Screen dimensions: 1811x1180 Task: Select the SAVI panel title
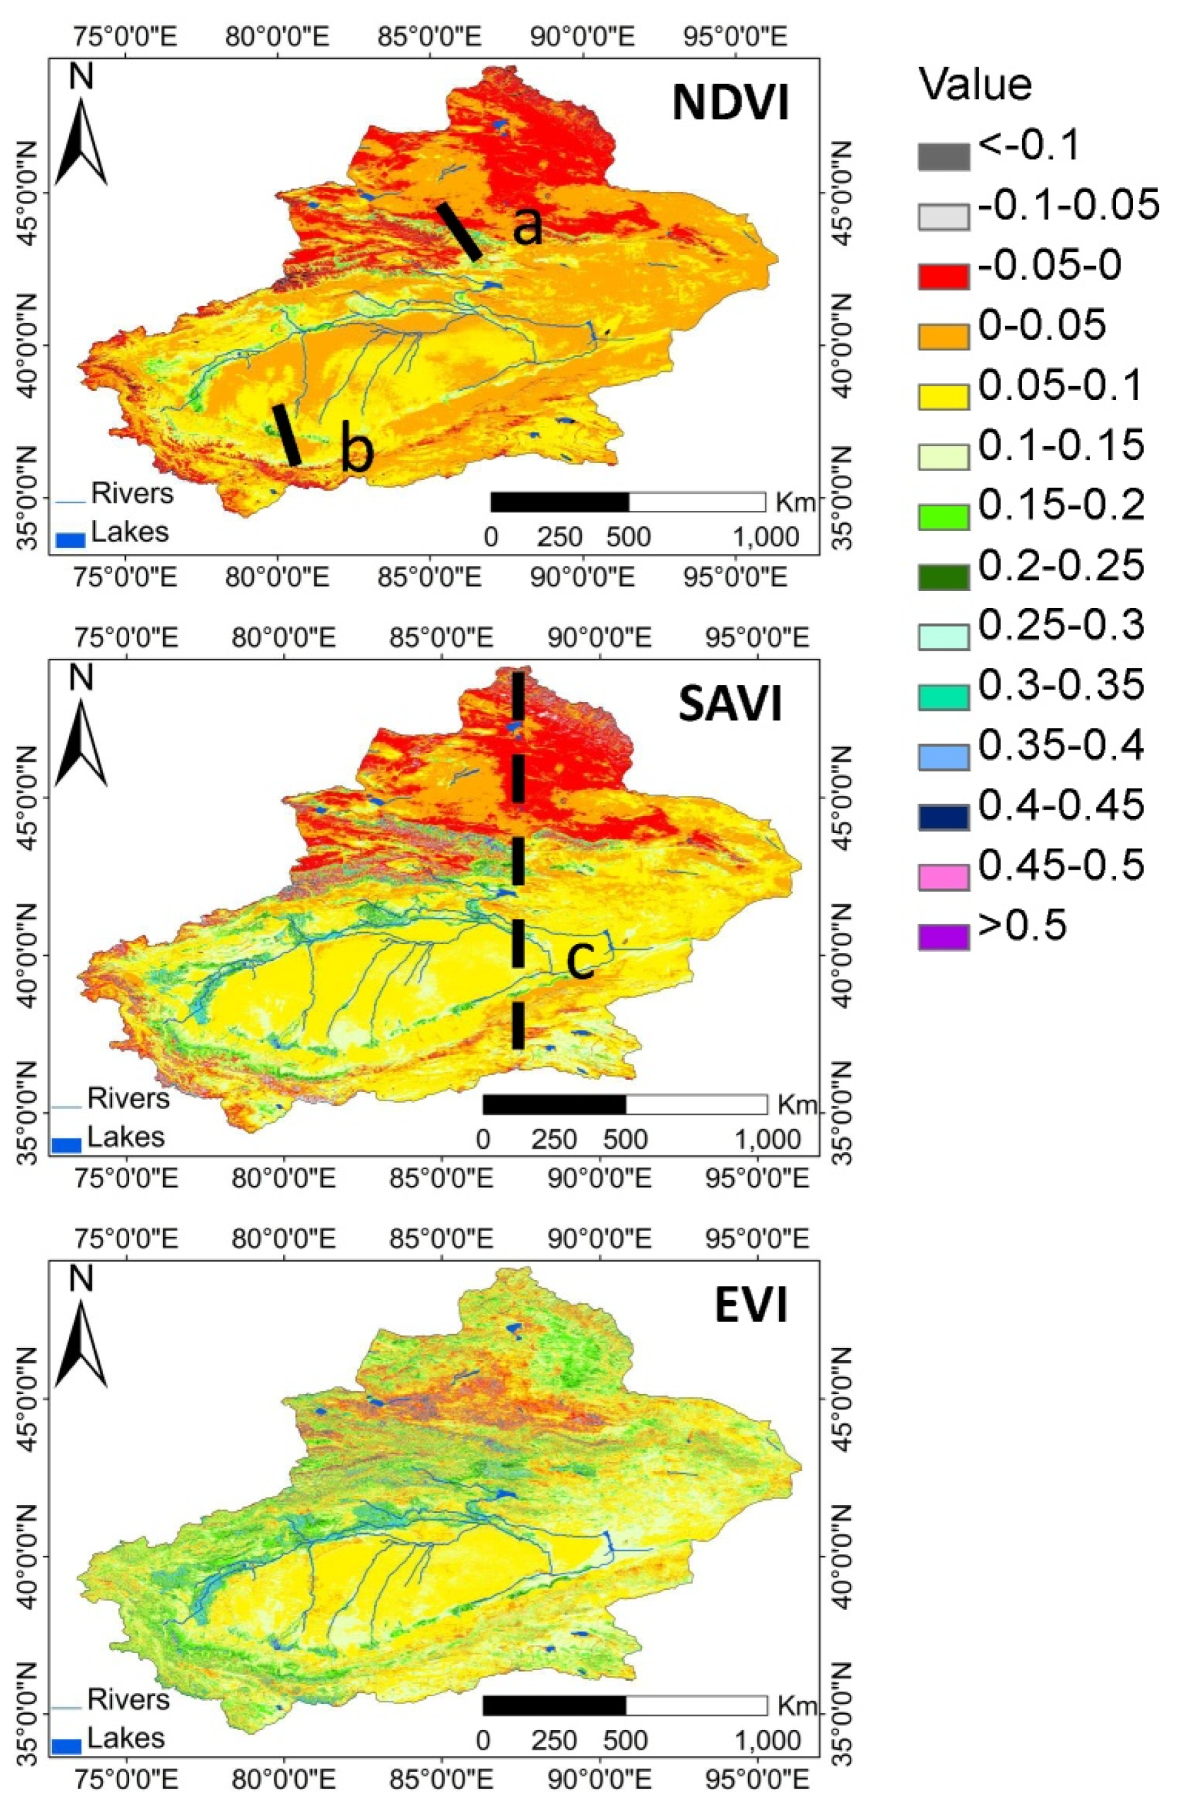730,704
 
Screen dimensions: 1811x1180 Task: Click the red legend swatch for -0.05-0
943,276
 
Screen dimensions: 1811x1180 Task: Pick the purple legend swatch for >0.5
943,937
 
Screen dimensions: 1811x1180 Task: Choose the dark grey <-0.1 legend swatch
943,156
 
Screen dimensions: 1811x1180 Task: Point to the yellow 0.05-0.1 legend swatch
943,397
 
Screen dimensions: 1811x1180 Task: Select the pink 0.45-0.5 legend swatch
943,877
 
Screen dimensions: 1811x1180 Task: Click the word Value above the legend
975,84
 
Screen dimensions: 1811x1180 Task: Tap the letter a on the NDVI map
527,226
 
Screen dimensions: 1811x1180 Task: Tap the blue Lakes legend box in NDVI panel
70,540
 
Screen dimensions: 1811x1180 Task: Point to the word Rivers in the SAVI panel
117,1098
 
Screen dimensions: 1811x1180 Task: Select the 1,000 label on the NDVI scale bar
765,537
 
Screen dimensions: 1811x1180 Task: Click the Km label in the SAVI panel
796,1103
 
